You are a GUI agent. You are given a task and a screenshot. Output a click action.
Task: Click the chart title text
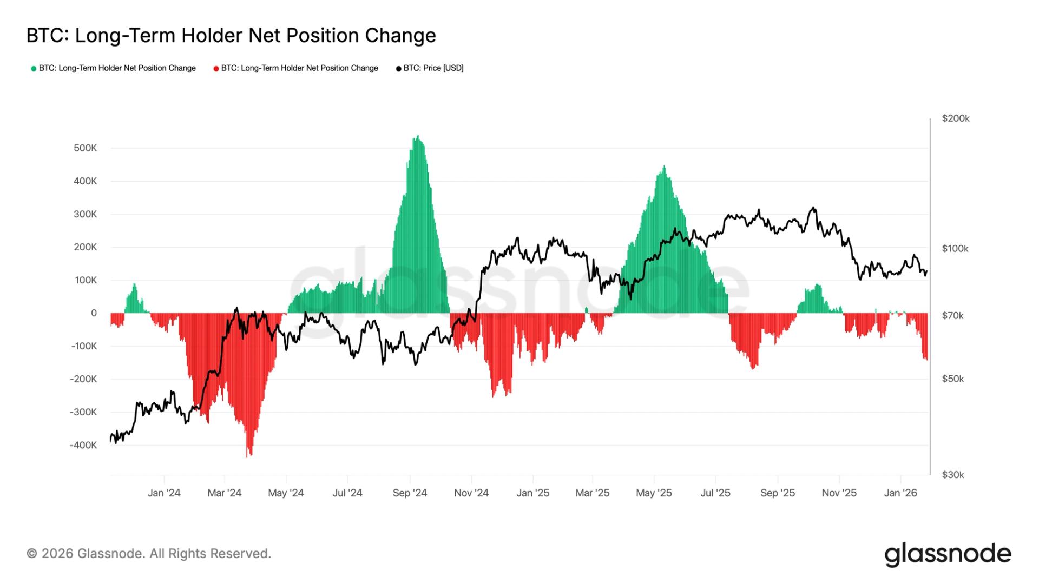click(x=231, y=36)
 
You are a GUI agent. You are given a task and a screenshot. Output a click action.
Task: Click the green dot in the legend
click(x=34, y=69)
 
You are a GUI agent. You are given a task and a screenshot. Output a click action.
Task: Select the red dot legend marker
click(x=216, y=69)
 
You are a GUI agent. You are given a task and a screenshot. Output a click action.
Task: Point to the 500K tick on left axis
click(x=85, y=148)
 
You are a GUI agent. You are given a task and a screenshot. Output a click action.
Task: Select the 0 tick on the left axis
click(x=94, y=313)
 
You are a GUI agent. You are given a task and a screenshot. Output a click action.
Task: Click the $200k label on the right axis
click(x=955, y=118)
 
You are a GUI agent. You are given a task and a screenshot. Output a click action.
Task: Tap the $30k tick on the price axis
click(x=952, y=475)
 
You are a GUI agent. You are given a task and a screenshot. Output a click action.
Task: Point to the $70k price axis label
click(x=952, y=316)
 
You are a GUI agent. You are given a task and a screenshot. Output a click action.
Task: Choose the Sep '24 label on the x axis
click(x=410, y=493)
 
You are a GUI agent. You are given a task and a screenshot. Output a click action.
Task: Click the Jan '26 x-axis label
click(x=900, y=493)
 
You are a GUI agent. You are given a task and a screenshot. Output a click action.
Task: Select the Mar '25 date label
click(x=592, y=493)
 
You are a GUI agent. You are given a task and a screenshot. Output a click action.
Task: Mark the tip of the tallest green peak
click(x=417, y=137)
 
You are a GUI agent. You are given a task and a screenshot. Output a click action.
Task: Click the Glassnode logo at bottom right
click(x=948, y=554)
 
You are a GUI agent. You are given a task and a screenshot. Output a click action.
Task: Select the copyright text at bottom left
click(x=149, y=554)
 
